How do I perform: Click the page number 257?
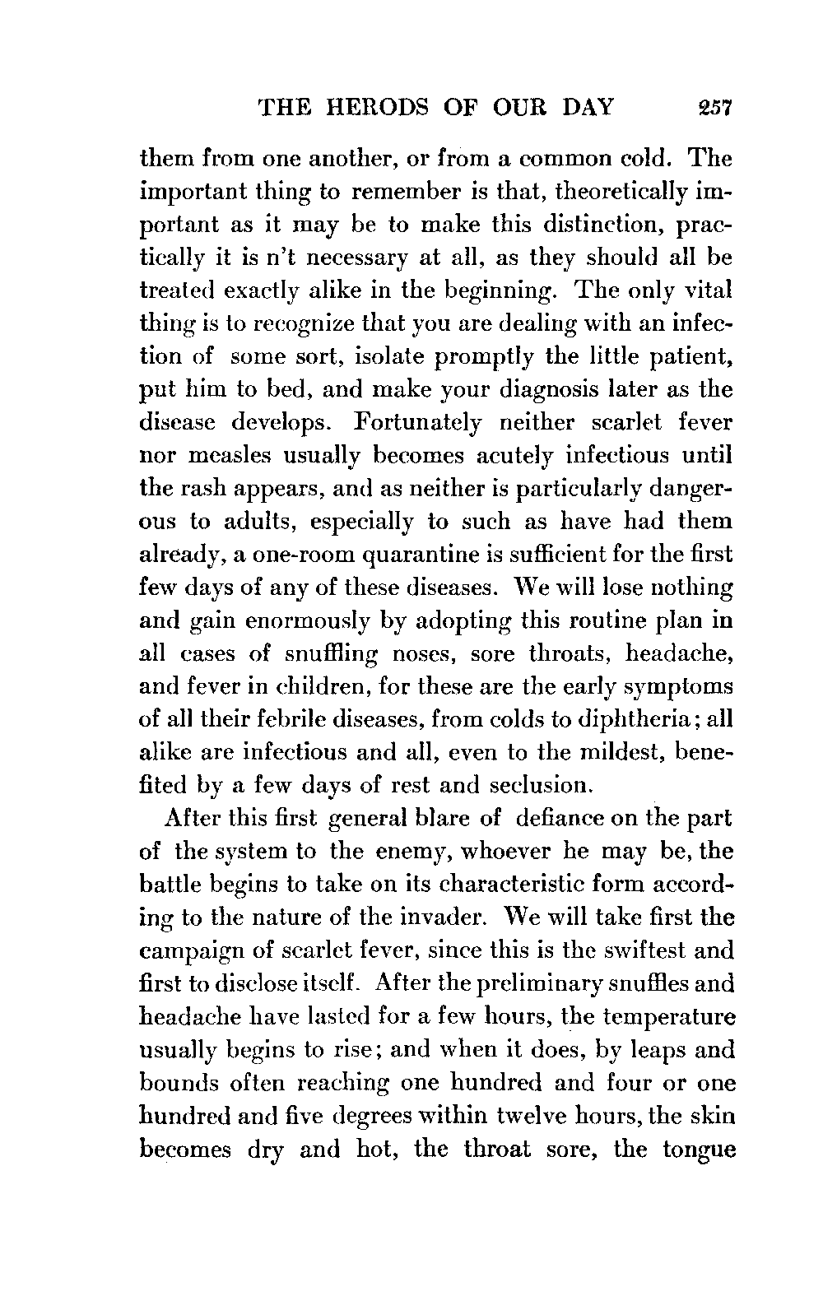(x=713, y=109)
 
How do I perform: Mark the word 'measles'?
(x=211, y=455)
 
